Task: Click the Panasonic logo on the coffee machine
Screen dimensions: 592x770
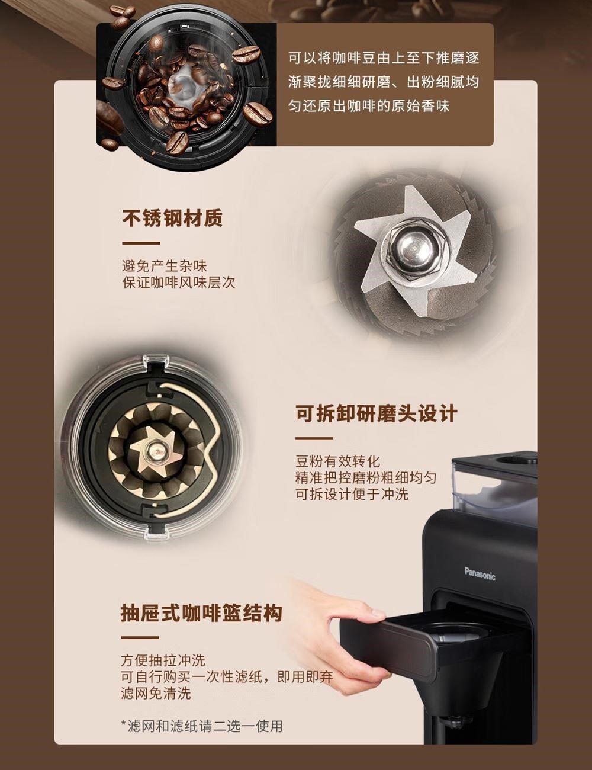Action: pos(480,573)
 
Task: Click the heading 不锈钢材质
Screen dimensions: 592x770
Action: pos(172,218)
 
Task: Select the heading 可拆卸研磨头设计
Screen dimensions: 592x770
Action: pos(377,413)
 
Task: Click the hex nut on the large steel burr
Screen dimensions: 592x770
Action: pos(413,249)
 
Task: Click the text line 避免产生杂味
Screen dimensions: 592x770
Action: pos(164,266)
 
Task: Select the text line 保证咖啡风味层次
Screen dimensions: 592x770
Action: pos(178,283)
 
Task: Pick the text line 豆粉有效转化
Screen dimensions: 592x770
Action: pos(338,461)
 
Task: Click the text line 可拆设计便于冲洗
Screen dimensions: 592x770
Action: pos(352,494)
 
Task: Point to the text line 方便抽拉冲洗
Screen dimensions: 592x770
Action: pos(163,660)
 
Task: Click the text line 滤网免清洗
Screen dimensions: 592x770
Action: pos(156,693)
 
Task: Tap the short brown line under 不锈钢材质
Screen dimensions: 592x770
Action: pos(141,243)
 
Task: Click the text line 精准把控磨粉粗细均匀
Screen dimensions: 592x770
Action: pos(366,477)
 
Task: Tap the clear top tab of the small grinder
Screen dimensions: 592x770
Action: pos(154,362)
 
